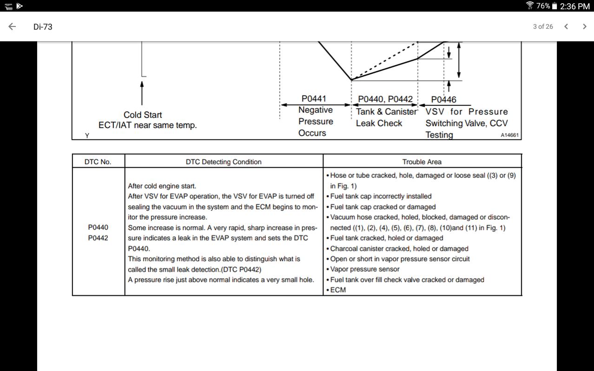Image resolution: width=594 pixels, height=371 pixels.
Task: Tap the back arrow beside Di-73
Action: coord(12,26)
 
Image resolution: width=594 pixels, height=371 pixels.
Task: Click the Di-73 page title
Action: coord(43,27)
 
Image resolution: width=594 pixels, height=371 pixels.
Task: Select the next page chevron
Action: coord(584,26)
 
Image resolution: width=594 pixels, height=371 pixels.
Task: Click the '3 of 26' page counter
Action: coord(543,26)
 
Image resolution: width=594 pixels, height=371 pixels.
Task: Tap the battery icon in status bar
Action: coord(554,6)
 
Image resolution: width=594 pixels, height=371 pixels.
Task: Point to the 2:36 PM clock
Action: coord(574,6)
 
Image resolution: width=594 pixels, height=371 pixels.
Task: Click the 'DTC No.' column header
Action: coord(98,162)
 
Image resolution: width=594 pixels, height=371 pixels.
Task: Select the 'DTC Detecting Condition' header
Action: coord(224,162)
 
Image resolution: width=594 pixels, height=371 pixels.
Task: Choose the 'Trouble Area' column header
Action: coord(422,162)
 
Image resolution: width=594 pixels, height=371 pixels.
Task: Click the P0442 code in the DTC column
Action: coord(98,238)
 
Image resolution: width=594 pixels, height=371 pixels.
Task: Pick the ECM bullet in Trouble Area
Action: coord(336,290)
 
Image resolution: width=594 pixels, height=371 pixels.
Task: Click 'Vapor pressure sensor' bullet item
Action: coord(363,269)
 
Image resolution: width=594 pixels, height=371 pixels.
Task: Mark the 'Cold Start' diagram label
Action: coord(143,115)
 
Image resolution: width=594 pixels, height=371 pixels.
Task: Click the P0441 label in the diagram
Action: coord(314,98)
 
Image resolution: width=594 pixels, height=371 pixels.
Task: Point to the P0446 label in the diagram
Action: coord(444,100)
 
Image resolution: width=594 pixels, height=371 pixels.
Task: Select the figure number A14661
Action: coord(510,135)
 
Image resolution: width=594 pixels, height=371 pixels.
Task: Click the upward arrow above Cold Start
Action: coord(142,93)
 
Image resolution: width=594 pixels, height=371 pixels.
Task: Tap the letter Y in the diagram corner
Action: coord(87,136)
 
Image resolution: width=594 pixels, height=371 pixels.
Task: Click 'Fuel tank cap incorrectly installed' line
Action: coord(379,196)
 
